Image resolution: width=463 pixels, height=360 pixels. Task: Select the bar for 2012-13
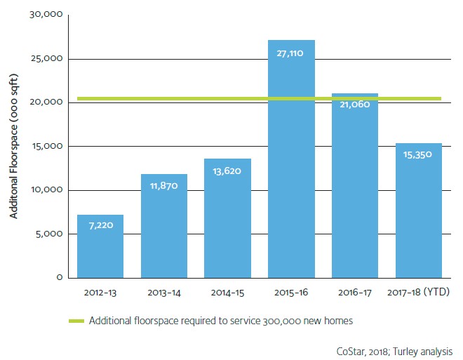coord(100,246)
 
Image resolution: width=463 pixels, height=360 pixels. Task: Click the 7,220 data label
coord(100,227)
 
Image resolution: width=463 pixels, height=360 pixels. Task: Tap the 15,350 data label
coord(419,155)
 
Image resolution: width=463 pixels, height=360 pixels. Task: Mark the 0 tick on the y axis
coord(60,278)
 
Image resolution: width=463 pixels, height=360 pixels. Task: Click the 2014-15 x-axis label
coord(227,291)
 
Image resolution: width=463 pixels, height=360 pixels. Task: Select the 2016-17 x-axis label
coord(355,291)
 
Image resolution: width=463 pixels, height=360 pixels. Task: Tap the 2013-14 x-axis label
coord(164,291)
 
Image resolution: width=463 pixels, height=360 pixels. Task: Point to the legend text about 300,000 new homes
coord(220,321)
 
